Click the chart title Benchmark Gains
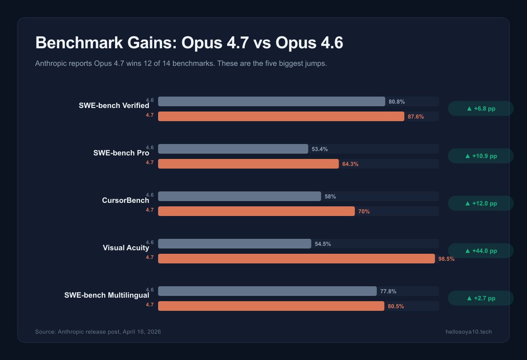click(189, 43)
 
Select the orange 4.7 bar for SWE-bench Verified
click(281, 116)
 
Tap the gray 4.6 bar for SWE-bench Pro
click(233, 149)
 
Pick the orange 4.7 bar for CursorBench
click(256, 211)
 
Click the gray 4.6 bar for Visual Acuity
click(235, 244)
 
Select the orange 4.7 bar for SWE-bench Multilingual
click(271, 306)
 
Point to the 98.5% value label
click(446, 259)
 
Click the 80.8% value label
click(397, 102)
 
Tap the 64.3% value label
click(350, 164)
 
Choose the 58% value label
click(330, 197)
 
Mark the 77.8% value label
click(388, 292)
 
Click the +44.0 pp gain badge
click(481, 251)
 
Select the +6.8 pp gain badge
click(481, 108)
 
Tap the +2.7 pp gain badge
click(481, 298)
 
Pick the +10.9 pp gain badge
click(481, 156)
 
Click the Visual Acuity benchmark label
click(126, 248)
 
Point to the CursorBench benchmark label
click(125, 201)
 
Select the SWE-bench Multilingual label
click(107, 295)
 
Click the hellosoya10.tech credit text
click(469, 332)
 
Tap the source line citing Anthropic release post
click(98, 332)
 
